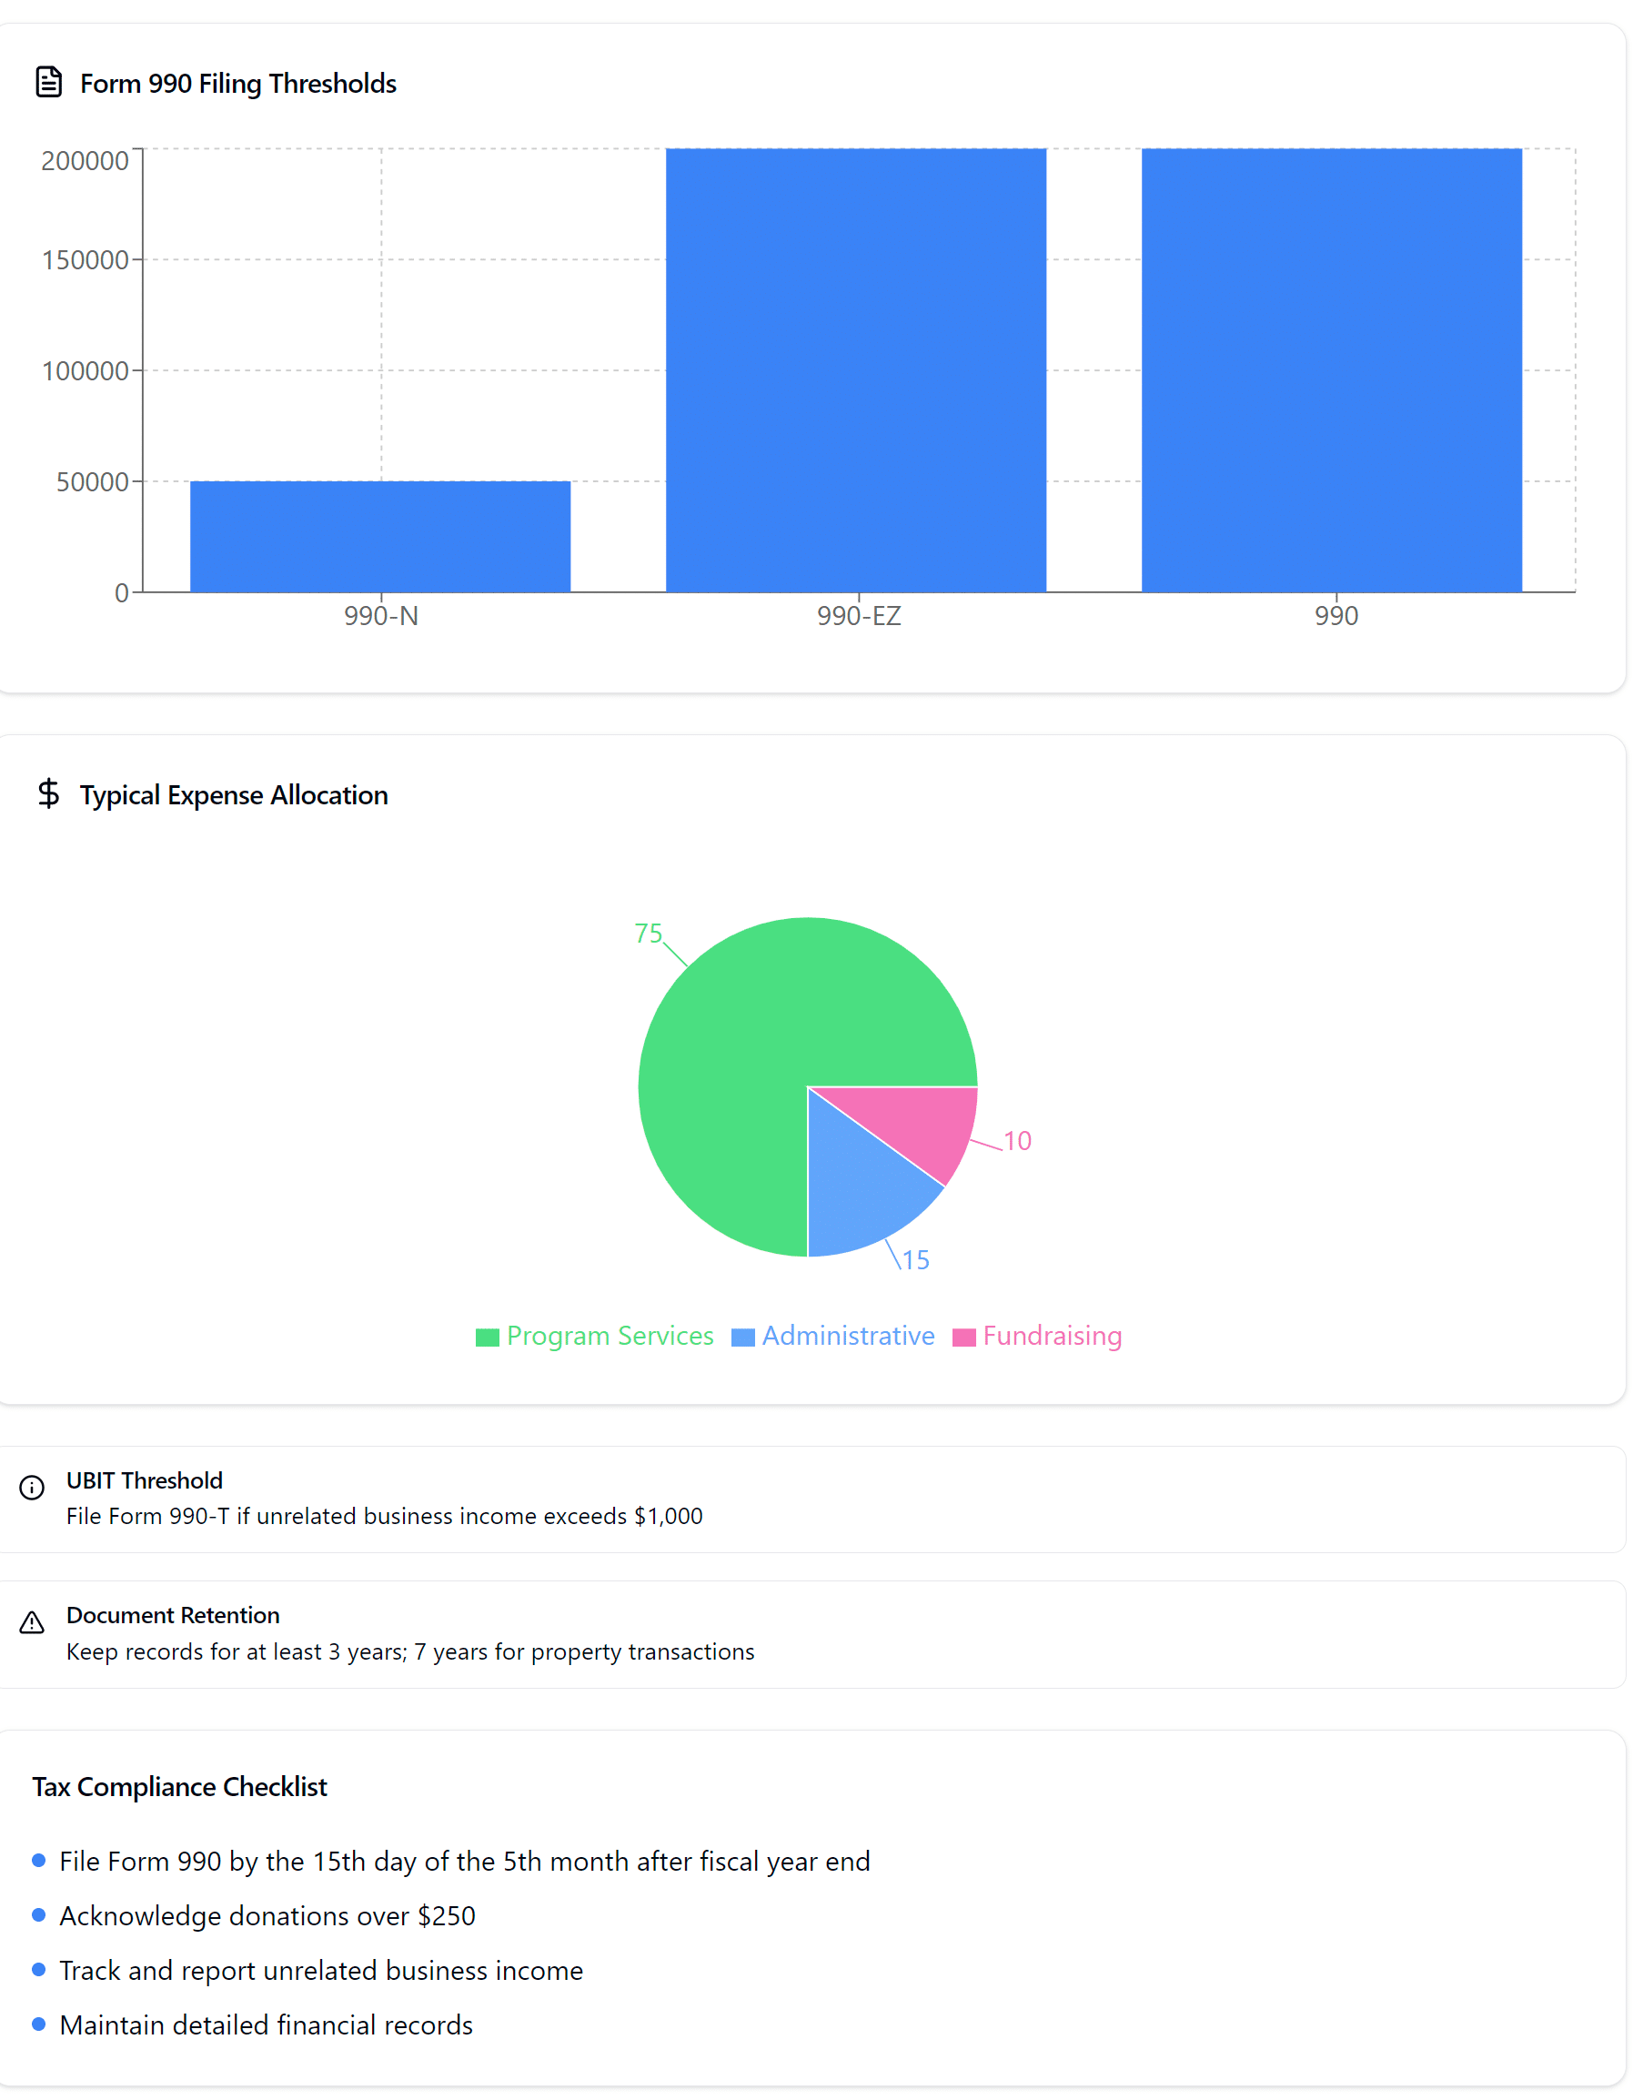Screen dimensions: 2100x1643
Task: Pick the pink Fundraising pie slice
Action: pos(919,1126)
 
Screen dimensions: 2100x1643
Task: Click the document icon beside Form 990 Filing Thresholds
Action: pos(49,83)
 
